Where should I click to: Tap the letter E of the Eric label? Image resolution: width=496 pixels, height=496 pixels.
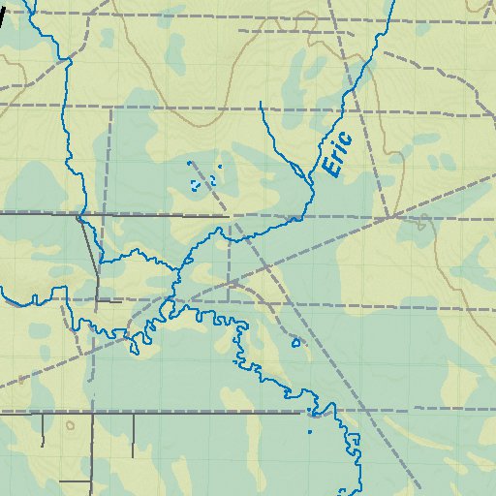[x=331, y=170]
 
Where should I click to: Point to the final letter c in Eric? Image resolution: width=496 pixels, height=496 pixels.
[x=346, y=136]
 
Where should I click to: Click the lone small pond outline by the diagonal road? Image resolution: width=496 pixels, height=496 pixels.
[x=296, y=342]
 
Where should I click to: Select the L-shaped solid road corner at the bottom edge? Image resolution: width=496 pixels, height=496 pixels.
[x=90, y=480]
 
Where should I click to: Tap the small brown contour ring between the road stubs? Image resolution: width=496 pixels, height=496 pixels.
[x=70, y=424]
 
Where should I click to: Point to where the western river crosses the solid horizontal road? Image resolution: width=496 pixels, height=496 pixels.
[x=79, y=214]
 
